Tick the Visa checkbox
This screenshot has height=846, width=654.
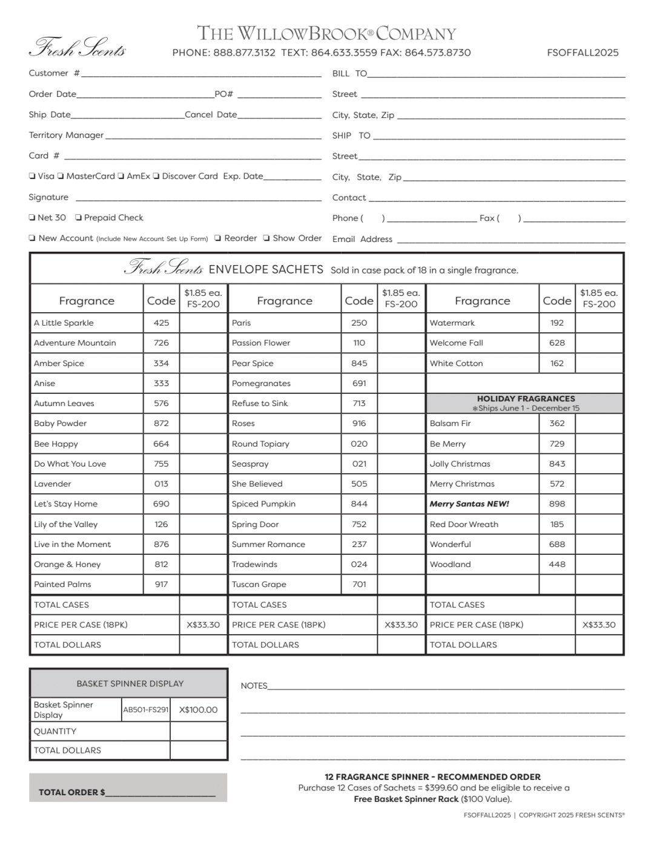tap(32, 176)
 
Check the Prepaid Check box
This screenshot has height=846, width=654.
tap(79, 218)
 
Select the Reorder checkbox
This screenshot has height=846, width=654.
tap(217, 238)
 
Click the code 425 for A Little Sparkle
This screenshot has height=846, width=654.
tap(161, 323)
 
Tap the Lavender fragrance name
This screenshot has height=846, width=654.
tap(53, 484)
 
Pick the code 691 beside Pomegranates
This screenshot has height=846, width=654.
tap(359, 383)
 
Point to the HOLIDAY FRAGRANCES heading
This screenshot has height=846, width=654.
tap(526, 399)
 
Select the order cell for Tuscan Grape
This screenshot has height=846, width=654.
tap(401, 584)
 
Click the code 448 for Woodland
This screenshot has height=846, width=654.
tap(557, 564)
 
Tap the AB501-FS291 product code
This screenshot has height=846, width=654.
tap(145, 709)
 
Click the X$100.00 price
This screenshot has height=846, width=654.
tap(198, 709)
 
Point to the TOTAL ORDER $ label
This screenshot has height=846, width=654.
tap(71, 792)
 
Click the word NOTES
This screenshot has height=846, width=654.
tap(254, 686)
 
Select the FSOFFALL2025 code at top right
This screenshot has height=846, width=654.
tap(583, 53)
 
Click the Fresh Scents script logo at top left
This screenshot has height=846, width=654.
tap(78, 47)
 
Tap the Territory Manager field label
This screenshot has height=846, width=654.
tap(66, 135)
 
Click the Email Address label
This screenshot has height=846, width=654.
tap(362, 239)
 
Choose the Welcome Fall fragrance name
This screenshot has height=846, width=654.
tap(456, 343)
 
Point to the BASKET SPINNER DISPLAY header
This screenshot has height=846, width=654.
tap(130, 683)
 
